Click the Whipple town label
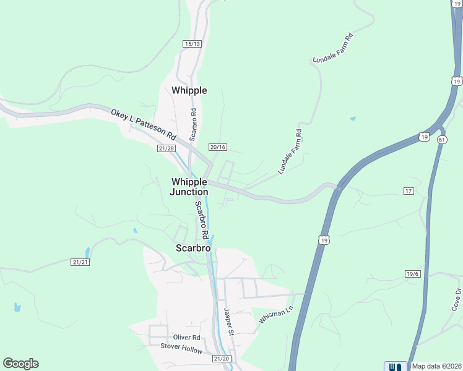pos(189,90)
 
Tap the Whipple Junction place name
pos(189,186)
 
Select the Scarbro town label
pos(193,248)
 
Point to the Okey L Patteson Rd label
pos(144,124)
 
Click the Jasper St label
pos(228,322)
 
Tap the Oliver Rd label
pos(186,338)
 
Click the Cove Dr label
pos(456,299)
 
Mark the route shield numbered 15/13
pos(193,43)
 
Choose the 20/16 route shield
pos(218,147)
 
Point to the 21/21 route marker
pos(80,262)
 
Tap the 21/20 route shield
pos(221,359)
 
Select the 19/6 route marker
pos(413,273)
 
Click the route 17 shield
pos(408,191)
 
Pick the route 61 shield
pos(441,140)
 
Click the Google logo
pos(20,364)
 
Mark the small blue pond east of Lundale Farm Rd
pos(353,118)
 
